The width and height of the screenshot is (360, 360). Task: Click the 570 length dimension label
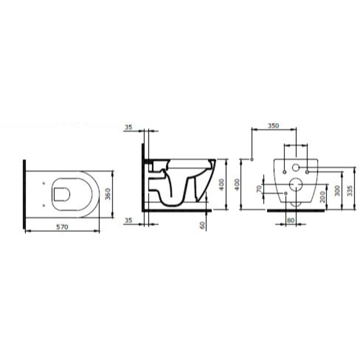coord(62,227)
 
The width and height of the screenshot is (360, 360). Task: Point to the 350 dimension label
coord(273,125)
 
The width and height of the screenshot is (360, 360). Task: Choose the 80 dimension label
coord(290,220)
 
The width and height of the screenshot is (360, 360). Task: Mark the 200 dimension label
coord(323,197)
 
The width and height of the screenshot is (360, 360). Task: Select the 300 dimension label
coord(337,190)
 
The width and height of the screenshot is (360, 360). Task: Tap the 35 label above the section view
coord(128,127)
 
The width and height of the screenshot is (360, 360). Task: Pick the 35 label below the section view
coord(128,220)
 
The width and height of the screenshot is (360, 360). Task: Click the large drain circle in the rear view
coord(296,184)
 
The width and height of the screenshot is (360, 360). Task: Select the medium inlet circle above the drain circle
coord(296,167)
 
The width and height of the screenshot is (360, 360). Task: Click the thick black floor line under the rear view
coord(296,210)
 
